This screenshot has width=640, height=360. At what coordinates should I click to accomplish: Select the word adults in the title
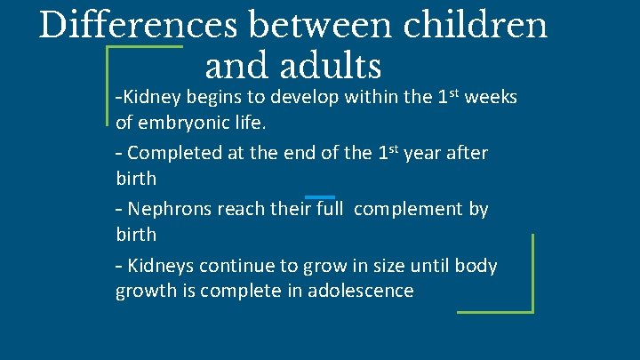tap(329, 66)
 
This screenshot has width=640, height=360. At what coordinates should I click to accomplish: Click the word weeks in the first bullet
tap(492, 97)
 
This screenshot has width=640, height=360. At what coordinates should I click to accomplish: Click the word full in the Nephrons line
tap(325, 209)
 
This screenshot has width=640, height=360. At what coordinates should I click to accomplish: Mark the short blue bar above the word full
tap(319, 196)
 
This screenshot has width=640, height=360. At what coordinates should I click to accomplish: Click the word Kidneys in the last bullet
tap(163, 266)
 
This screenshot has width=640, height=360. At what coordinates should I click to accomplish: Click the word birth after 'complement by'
tap(136, 235)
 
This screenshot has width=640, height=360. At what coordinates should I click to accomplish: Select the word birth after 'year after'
tap(136, 178)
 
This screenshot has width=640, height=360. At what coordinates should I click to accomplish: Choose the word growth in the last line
tap(144, 291)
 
